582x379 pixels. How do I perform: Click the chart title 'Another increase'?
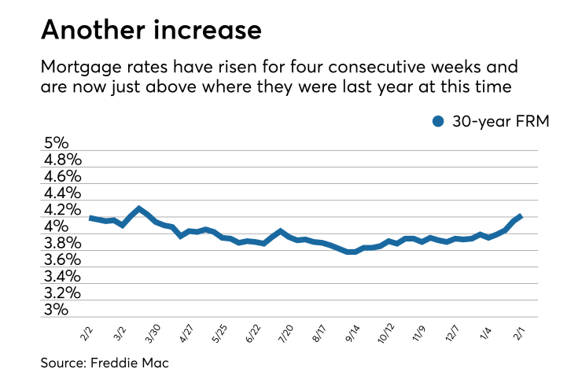click(x=151, y=30)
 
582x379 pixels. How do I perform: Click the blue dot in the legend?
click(x=438, y=121)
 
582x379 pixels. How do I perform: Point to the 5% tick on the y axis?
click(x=57, y=144)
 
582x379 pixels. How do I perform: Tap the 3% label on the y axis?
click(x=57, y=310)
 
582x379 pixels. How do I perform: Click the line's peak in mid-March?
click(x=139, y=209)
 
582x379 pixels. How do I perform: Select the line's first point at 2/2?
click(x=90, y=218)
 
